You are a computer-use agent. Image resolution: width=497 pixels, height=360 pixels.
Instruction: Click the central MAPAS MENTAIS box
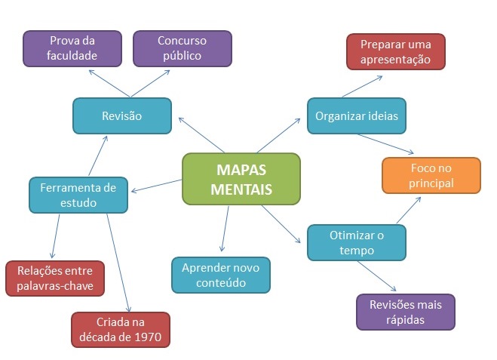point(241,179)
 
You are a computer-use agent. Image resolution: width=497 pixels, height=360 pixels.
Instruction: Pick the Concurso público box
point(182,48)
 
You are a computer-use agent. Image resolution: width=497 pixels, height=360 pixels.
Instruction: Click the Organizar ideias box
point(357,116)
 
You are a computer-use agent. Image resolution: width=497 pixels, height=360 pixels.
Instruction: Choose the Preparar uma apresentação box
point(396,51)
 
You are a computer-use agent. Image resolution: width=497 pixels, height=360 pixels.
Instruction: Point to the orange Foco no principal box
point(431,175)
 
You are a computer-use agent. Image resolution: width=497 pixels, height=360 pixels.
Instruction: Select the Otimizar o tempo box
point(357,242)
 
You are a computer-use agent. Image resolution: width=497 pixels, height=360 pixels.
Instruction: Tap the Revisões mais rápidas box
point(406,312)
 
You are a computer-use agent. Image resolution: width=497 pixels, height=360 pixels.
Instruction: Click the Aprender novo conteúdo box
point(221,275)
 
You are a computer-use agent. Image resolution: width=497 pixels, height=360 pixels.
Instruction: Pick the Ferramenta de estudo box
point(78,195)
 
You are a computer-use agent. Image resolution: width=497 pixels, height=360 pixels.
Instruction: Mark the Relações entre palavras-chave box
point(55,278)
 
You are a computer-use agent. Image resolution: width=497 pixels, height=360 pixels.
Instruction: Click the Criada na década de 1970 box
point(121,330)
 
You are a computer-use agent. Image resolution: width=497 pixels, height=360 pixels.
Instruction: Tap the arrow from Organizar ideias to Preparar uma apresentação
point(360,85)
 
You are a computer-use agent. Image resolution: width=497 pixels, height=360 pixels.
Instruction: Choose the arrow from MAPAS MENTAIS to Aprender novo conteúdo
point(225,228)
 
